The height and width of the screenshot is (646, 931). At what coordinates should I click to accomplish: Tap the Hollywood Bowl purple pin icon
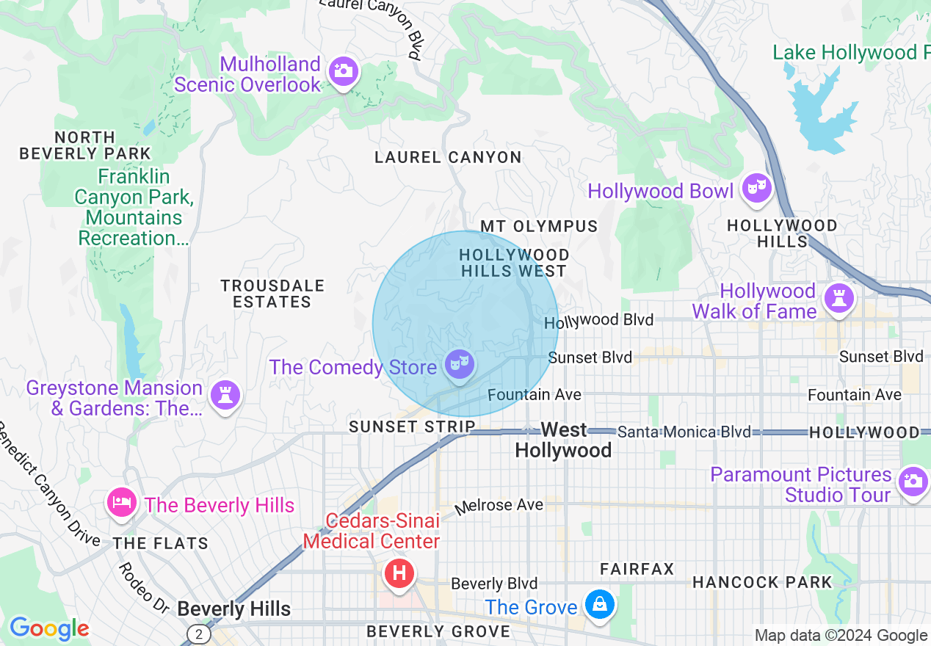756,189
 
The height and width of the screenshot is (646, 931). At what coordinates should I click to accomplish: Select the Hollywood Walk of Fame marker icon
836,298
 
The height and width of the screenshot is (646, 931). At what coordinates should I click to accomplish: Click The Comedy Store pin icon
460,364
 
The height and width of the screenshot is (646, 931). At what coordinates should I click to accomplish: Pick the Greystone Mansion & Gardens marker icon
225,395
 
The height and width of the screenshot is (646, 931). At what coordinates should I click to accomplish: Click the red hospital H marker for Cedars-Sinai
399,573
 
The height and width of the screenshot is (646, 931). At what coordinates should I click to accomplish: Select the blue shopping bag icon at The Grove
600,605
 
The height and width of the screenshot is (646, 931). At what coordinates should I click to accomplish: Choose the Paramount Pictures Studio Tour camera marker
913,482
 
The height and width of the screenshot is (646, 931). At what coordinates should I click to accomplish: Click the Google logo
49,628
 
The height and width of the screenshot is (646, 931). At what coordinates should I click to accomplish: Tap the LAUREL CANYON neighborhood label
448,157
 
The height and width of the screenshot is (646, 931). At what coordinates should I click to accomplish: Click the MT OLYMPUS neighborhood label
539,226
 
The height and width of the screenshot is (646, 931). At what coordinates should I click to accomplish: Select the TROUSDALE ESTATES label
272,294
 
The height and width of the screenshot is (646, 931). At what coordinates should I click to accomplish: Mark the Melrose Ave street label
499,506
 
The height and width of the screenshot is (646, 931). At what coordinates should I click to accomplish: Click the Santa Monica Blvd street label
684,432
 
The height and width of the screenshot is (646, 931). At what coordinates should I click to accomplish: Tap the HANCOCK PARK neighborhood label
762,583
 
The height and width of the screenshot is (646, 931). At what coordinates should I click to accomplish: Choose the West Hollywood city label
563,440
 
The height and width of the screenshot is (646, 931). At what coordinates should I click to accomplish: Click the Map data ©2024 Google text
841,636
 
